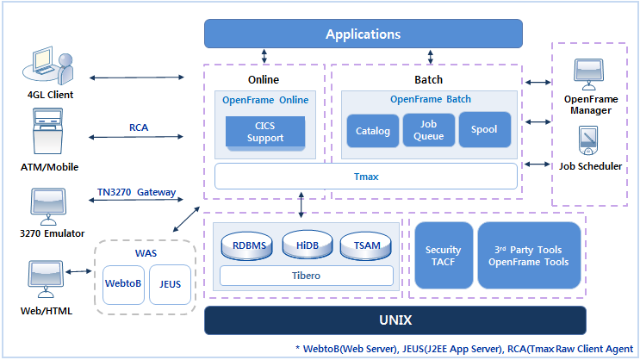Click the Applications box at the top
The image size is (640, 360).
click(x=363, y=34)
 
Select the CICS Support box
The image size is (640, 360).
click(x=264, y=132)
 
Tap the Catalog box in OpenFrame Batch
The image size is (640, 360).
click(x=373, y=131)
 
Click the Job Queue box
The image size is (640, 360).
click(x=428, y=130)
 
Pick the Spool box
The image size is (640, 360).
click(x=483, y=130)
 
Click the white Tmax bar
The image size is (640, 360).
click(x=366, y=177)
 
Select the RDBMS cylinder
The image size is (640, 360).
click(x=250, y=245)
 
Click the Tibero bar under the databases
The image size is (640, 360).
click(x=307, y=276)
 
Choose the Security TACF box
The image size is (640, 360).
click(x=444, y=255)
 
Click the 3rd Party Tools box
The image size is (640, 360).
click(x=527, y=255)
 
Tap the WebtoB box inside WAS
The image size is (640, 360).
click(x=122, y=282)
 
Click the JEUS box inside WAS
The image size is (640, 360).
click(x=170, y=282)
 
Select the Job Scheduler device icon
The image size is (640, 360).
click(x=590, y=141)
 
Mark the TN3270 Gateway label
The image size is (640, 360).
click(x=136, y=191)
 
